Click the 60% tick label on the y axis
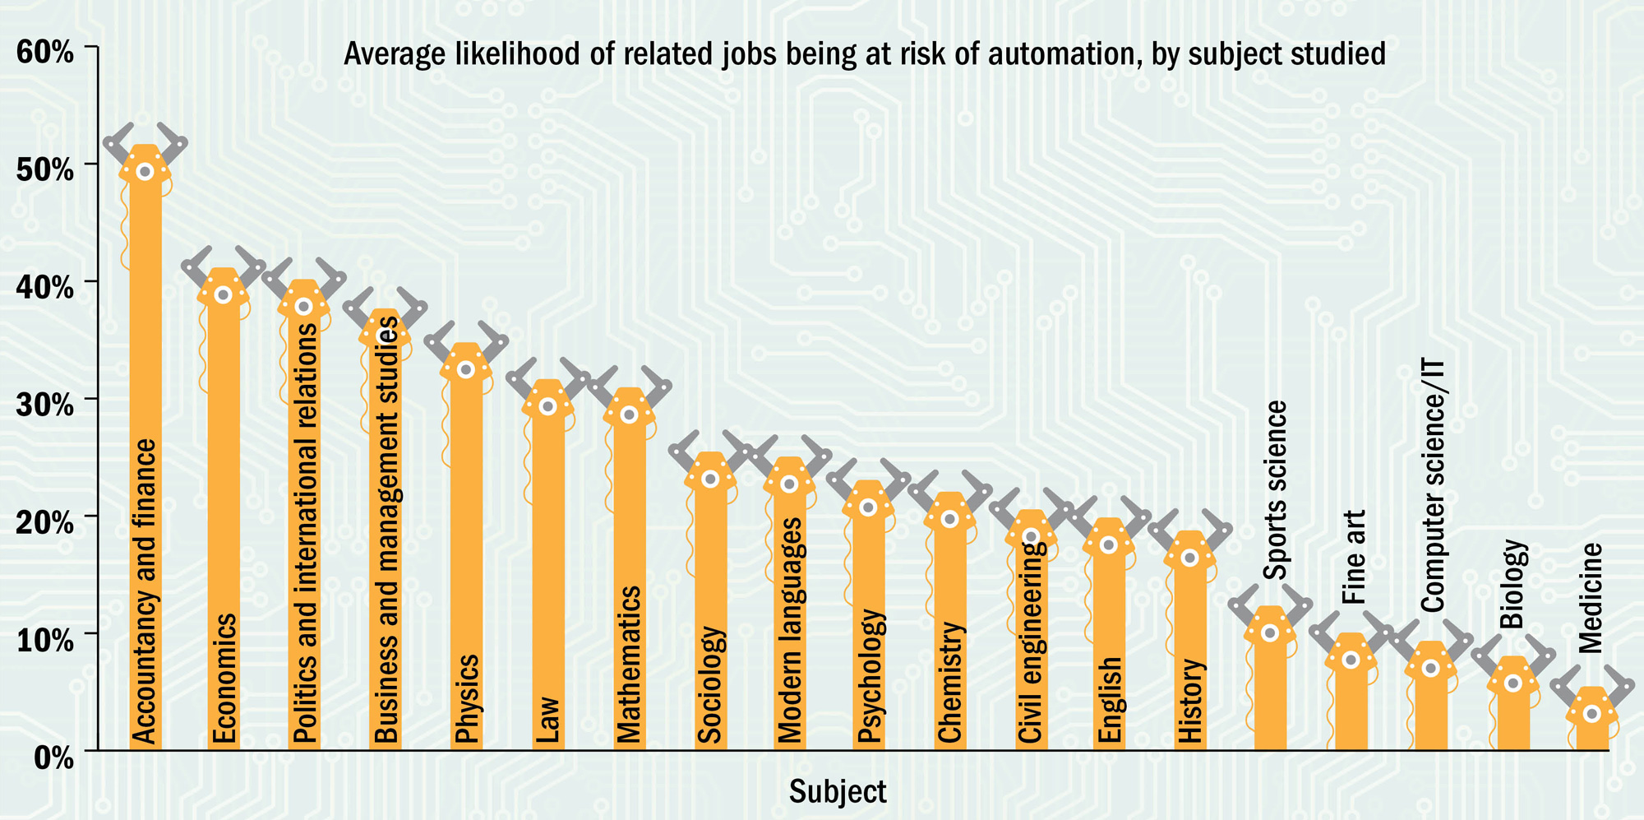[x=44, y=52]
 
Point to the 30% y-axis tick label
[x=44, y=405]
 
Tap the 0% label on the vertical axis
[x=54, y=757]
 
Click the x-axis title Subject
[x=838, y=791]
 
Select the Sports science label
[x=1274, y=490]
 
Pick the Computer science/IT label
[x=1433, y=485]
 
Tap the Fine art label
[x=1354, y=557]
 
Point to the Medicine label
[x=1591, y=598]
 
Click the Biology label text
[x=1512, y=584]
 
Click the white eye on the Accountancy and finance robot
[x=145, y=172]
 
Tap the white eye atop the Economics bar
[x=223, y=295]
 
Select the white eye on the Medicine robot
[x=1592, y=714]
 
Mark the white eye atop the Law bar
[x=548, y=406]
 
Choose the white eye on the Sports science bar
[x=1270, y=633]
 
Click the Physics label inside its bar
[x=467, y=698]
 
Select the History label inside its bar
[x=1190, y=701]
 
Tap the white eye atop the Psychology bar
[x=869, y=507]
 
